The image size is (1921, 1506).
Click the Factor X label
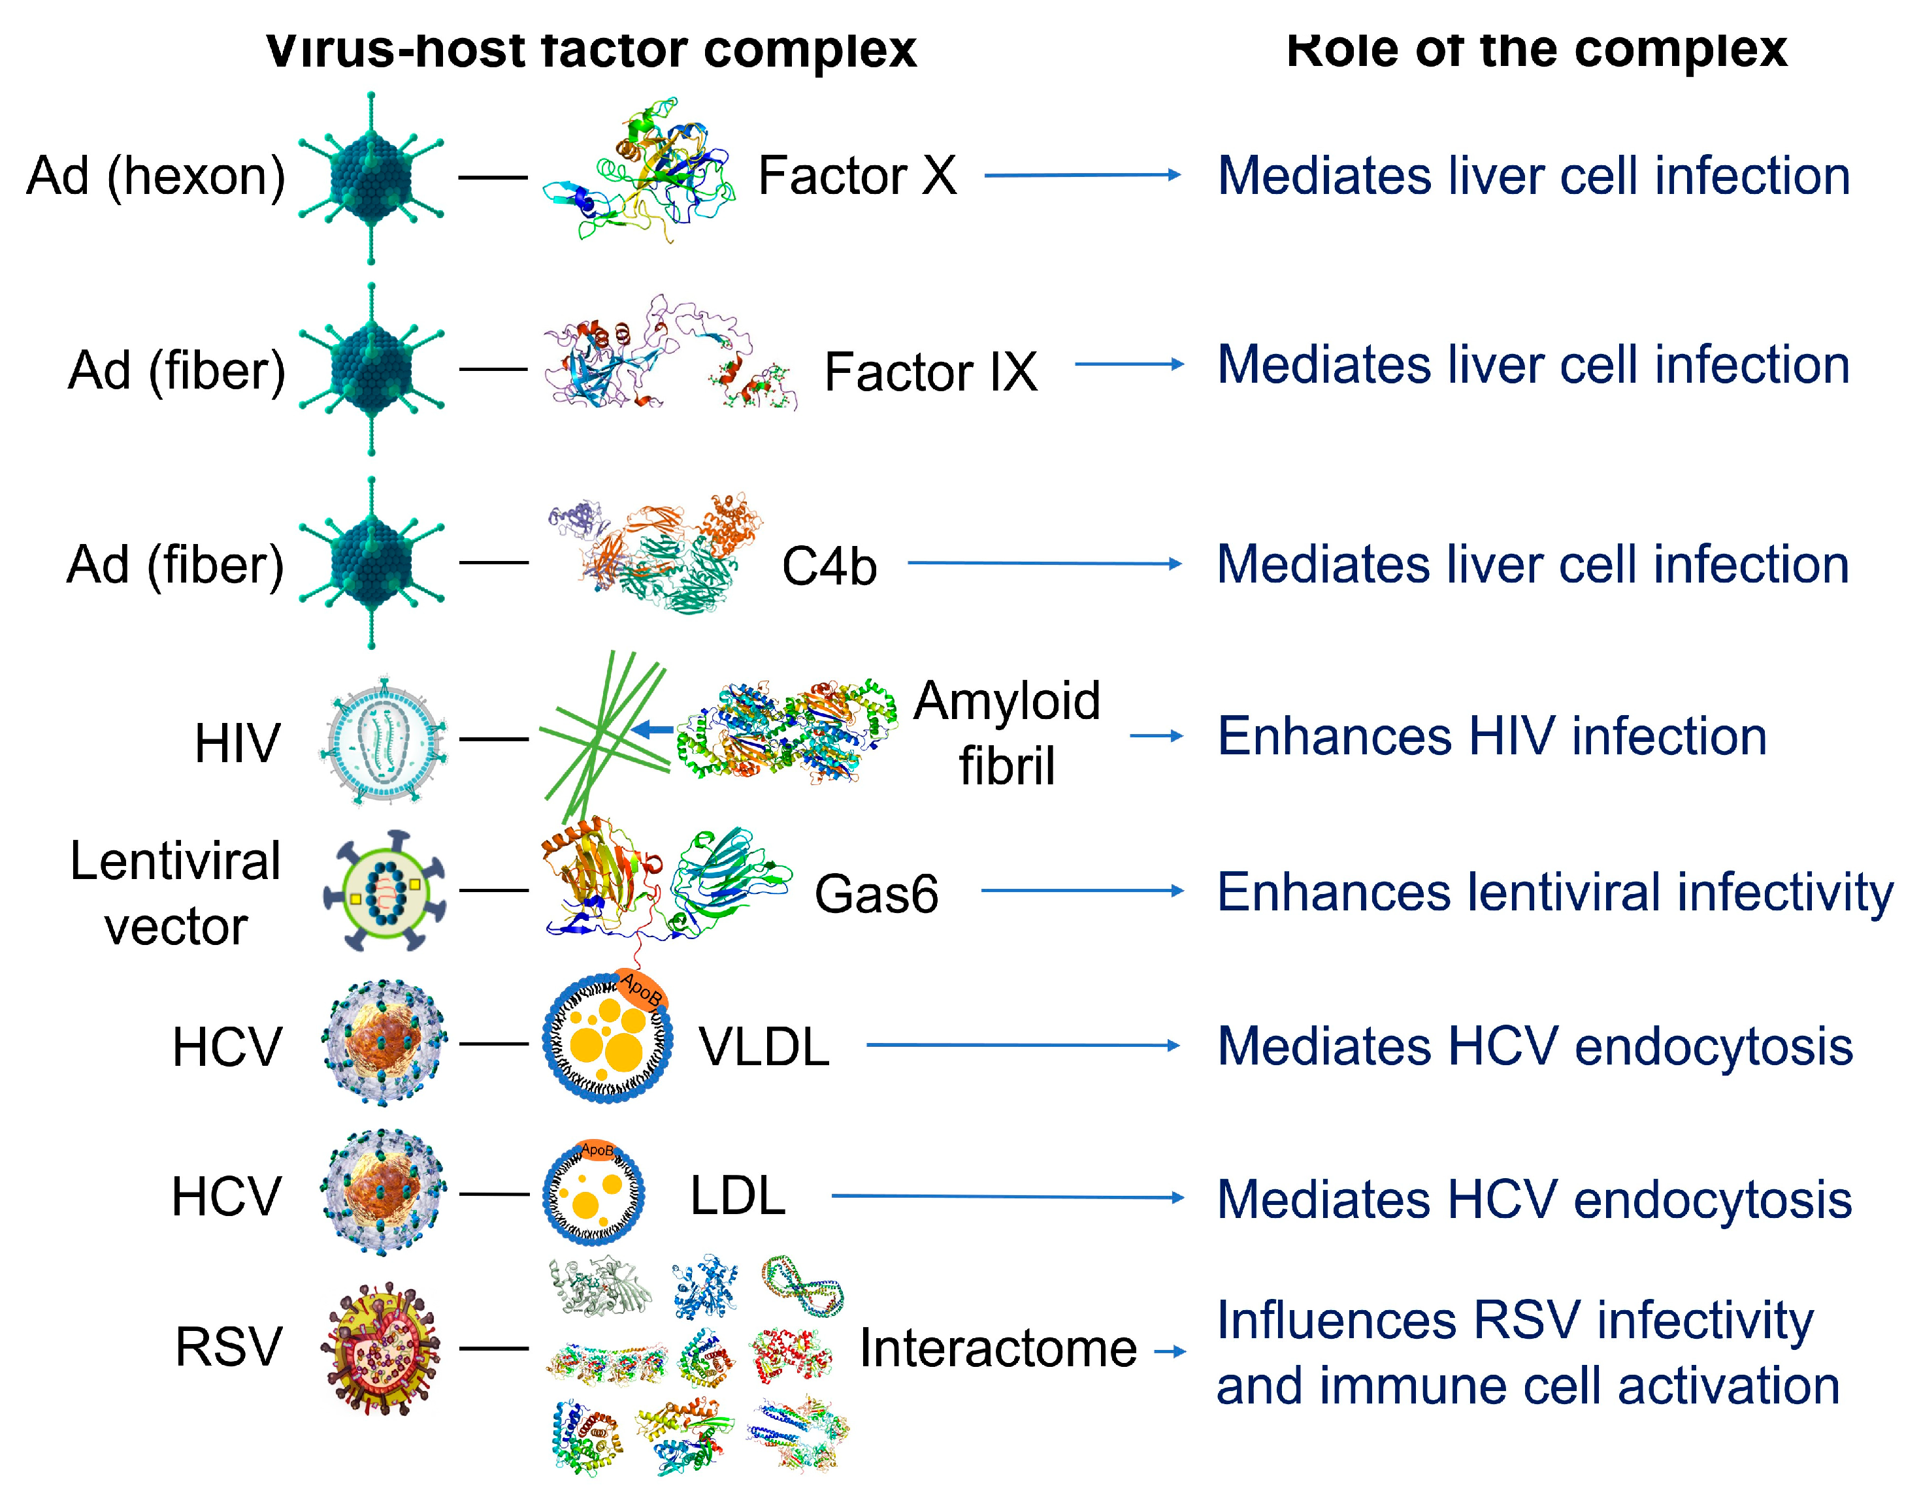pyautogui.click(x=857, y=176)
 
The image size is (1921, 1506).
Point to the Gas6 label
pyautogui.click(x=876, y=893)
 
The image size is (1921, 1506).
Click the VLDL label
pyautogui.click(x=764, y=1047)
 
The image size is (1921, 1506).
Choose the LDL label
pyautogui.click(x=737, y=1196)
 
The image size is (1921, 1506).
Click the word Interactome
pyautogui.click(x=998, y=1348)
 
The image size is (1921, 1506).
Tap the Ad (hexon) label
pyautogui.click(x=156, y=176)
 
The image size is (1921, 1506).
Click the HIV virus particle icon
pyautogui.click(x=384, y=740)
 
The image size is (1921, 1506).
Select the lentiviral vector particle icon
pyautogui.click(x=385, y=891)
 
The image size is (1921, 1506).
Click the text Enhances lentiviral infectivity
pyautogui.click(x=1554, y=891)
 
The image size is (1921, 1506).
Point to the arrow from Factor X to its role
pyautogui.click(x=1082, y=176)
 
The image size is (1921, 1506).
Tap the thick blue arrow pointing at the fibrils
pyautogui.click(x=653, y=729)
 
